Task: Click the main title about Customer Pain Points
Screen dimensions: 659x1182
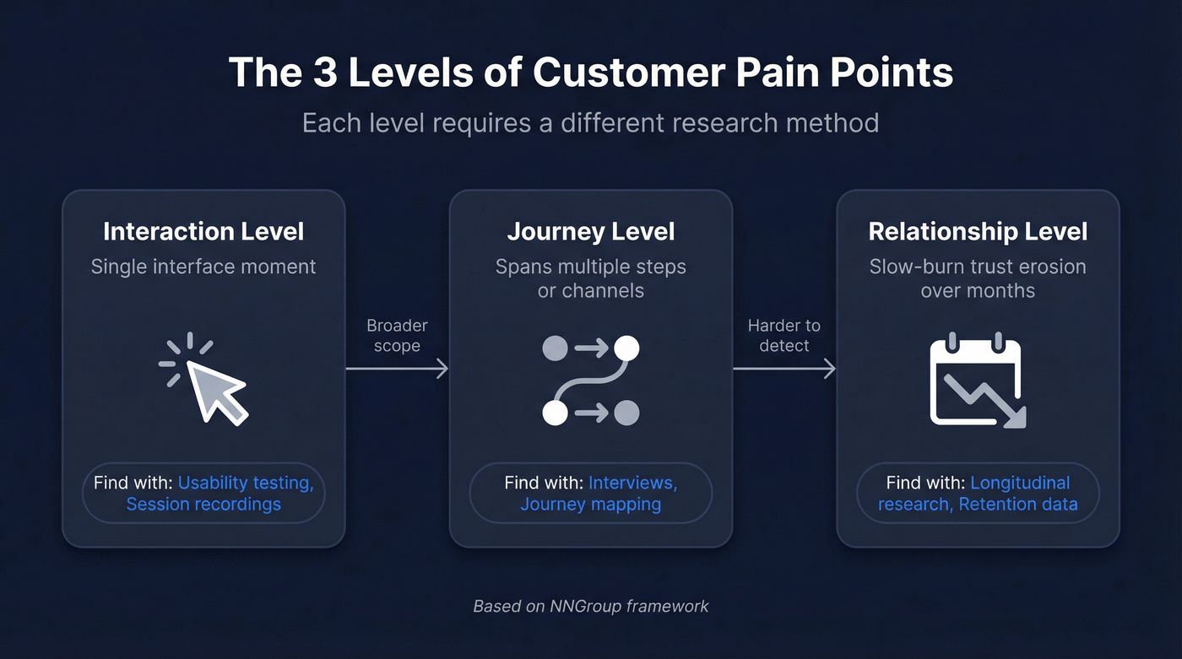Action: [x=591, y=73]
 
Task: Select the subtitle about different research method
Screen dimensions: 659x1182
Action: [x=591, y=122]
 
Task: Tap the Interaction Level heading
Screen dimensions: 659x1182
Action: [x=203, y=231]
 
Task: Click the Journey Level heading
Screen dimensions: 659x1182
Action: [x=590, y=231]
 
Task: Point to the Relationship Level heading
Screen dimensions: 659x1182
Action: [x=978, y=231]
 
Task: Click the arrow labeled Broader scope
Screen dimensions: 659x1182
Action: [x=397, y=368]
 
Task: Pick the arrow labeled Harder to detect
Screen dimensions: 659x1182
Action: [x=783, y=368]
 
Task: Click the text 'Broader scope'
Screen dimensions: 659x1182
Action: [x=397, y=335]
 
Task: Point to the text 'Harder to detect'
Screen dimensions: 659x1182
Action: [x=783, y=335]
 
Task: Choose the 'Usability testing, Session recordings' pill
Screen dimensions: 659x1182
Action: [x=203, y=493]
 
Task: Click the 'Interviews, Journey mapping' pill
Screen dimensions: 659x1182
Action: [x=590, y=493]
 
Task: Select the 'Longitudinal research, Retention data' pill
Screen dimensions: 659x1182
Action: [x=978, y=493]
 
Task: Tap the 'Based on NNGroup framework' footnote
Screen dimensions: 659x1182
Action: [x=591, y=606]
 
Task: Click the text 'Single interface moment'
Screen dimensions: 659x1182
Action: [x=203, y=267]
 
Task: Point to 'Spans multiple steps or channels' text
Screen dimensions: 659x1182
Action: [x=590, y=278]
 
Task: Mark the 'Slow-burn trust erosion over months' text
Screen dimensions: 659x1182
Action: [x=978, y=278]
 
